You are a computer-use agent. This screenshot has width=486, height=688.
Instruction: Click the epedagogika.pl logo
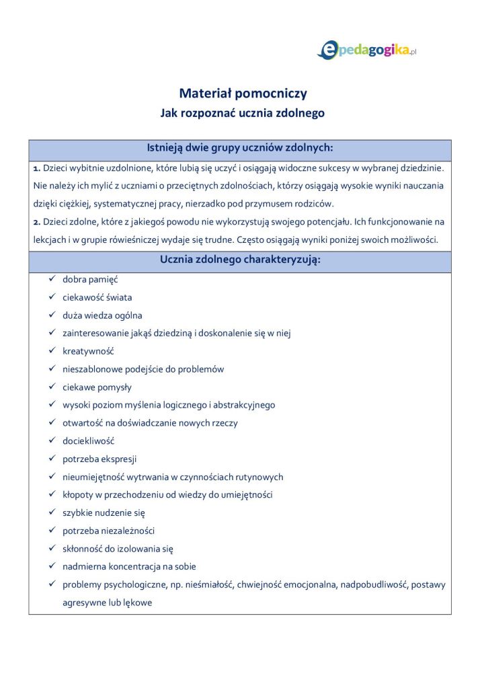click(367, 50)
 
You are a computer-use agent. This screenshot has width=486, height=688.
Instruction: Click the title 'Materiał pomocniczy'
click(243, 94)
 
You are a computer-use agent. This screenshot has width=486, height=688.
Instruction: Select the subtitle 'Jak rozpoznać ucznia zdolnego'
click(243, 113)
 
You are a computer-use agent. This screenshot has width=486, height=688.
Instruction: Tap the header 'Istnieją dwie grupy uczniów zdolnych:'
click(240, 148)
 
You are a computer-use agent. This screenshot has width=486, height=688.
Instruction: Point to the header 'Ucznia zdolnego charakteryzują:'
click(240, 260)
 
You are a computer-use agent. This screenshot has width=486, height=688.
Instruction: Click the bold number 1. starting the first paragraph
click(37, 168)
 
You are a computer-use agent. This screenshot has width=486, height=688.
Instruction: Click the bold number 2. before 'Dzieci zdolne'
click(37, 221)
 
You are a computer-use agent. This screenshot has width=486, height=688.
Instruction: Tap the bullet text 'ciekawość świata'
click(97, 297)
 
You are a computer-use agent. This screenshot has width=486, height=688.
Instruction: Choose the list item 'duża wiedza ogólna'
click(102, 315)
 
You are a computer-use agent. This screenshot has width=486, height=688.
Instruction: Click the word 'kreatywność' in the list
click(88, 351)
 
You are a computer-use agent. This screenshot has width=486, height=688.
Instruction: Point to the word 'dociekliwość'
click(88, 441)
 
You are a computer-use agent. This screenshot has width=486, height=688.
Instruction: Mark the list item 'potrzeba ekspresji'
click(99, 459)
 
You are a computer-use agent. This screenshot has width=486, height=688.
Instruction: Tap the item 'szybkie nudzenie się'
click(104, 513)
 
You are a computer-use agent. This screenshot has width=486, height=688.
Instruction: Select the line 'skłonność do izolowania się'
click(118, 549)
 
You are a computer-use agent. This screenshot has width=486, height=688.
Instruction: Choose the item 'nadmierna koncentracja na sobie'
click(129, 567)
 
